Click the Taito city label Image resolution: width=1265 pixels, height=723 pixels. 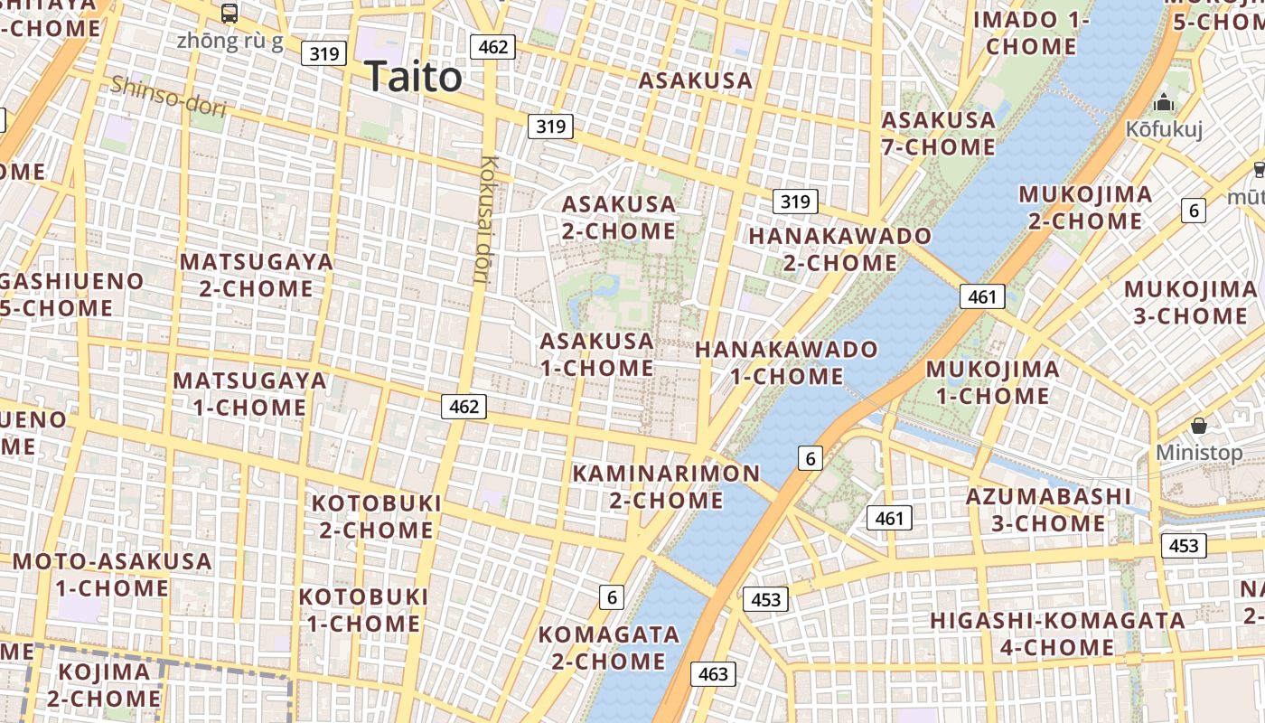click(x=414, y=77)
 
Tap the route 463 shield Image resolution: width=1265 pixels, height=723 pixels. click(x=713, y=674)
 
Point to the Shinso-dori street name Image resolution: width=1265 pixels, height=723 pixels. click(x=167, y=97)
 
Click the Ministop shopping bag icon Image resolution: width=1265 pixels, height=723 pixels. click(x=1199, y=425)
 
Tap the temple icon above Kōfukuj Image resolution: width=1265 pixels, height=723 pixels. click(x=1164, y=102)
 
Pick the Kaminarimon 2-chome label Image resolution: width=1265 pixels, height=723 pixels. click(x=666, y=486)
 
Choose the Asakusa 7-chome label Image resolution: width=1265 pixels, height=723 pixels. click(x=938, y=133)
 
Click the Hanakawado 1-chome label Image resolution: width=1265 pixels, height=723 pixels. click(x=786, y=362)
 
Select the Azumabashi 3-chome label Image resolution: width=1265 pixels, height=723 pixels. click(x=1048, y=510)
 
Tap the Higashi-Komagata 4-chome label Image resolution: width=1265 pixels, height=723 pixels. click(x=1057, y=634)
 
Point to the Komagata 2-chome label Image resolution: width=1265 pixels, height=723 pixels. click(x=609, y=647)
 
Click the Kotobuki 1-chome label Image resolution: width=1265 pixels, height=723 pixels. click(x=363, y=610)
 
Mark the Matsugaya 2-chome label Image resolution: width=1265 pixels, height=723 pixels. click(x=257, y=275)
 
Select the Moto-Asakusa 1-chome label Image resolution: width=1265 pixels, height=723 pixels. click(x=112, y=575)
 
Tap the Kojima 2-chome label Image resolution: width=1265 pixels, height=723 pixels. click(x=104, y=685)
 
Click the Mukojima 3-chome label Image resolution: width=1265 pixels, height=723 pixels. click(x=1190, y=302)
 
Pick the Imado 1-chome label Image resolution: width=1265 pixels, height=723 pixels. click(x=1031, y=33)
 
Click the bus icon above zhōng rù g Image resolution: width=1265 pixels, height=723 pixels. click(x=230, y=14)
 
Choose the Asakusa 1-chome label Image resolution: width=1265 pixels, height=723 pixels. click(x=596, y=354)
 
